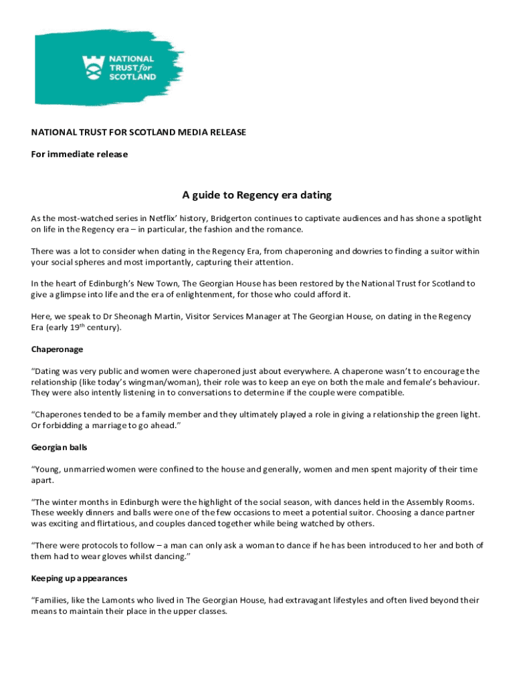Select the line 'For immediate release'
point(80,154)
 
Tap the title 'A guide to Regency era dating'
point(257,195)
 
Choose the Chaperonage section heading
point(57,349)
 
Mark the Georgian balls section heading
point(60,448)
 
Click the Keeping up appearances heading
point(79,578)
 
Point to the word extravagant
point(302,600)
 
